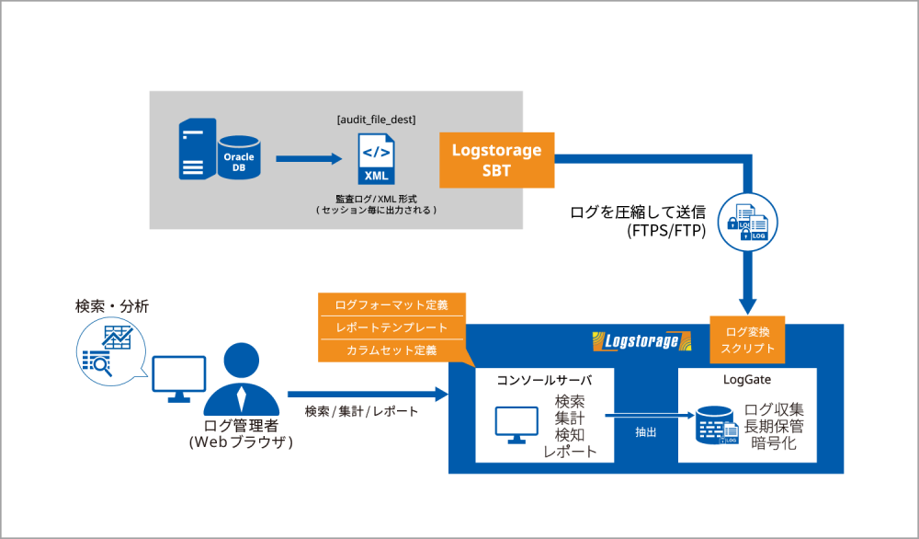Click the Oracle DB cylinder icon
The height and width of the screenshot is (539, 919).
pyautogui.click(x=239, y=156)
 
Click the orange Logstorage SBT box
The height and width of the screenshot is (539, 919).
pyautogui.click(x=497, y=159)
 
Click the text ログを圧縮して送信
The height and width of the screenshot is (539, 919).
pyautogui.click(x=638, y=213)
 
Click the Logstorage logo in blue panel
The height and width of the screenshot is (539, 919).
pyautogui.click(x=641, y=342)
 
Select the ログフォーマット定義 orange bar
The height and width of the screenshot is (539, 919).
pyautogui.click(x=391, y=304)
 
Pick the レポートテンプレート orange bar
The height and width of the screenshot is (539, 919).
pyautogui.click(x=391, y=327)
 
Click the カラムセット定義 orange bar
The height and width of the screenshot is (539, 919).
pyautogui.click(x=391, y=350)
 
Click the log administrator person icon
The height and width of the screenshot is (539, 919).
pyautogui.click(x=240, y=378)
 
